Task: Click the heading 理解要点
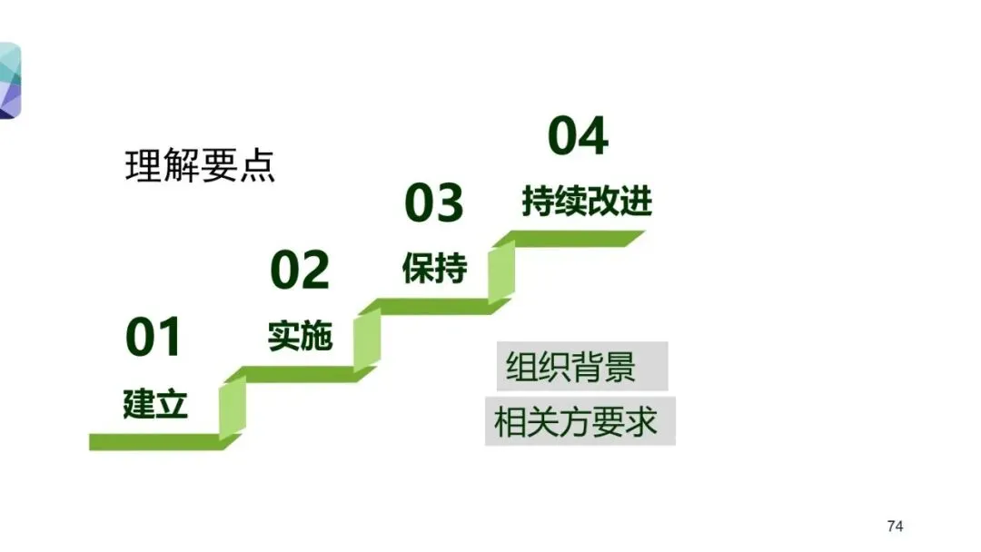point(200,167)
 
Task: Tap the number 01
point(154,337)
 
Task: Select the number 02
point(299,270)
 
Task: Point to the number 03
point(433,202)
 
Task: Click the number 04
point(578,136)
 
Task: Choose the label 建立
point(154,403)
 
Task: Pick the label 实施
point(300,336)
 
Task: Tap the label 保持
point(434,269)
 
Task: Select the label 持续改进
point(587,201)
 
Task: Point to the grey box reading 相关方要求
point(580,421)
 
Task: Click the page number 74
point(895,527)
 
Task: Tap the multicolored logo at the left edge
point(9,80)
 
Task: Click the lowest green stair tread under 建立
point(154,442)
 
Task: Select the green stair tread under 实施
point(300,374)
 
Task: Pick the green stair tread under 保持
point(434,307)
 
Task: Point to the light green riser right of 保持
point(501,271)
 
